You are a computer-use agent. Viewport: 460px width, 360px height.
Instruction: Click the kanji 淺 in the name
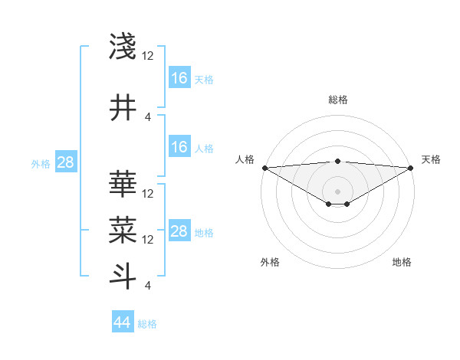(123, 47)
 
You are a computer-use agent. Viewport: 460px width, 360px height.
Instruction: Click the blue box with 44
(122, 323)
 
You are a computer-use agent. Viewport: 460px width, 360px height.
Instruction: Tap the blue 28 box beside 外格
(65, 162)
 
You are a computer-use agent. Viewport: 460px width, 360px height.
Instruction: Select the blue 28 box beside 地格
(179, 231)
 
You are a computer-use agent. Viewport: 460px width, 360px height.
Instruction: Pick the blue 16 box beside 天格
(179, 78)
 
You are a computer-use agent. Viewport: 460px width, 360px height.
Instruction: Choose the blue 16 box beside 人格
(179, 147)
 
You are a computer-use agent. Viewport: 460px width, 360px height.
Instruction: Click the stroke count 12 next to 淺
(148, 56)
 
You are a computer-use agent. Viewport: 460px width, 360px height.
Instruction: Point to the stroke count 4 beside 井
(148, 116)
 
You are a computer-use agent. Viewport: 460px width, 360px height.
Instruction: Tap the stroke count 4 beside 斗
(147, 286)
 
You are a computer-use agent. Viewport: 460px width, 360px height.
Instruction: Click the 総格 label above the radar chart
(337, 100)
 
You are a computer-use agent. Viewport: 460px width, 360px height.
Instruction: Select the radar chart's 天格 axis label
(431, 159)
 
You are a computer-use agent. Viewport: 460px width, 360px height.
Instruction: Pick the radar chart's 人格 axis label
(245, 159)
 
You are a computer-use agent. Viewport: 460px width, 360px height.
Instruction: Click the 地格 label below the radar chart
(402, 262)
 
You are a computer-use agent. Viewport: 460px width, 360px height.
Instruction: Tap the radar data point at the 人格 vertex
(264, 168)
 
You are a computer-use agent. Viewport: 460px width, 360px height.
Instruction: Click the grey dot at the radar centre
(337, 191)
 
